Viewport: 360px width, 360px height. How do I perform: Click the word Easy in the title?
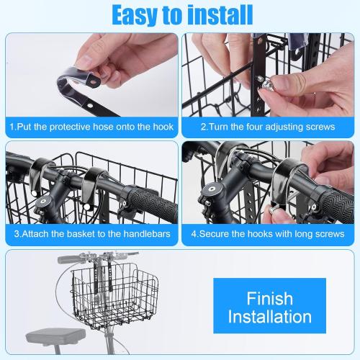coord(136,14)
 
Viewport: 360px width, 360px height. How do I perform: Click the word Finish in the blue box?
coord(270,297)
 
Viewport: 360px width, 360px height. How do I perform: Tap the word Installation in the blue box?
coord(270,317)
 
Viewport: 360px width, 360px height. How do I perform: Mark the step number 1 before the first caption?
coord(12,127)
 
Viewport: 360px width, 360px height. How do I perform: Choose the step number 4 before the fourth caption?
coord(194,234)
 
